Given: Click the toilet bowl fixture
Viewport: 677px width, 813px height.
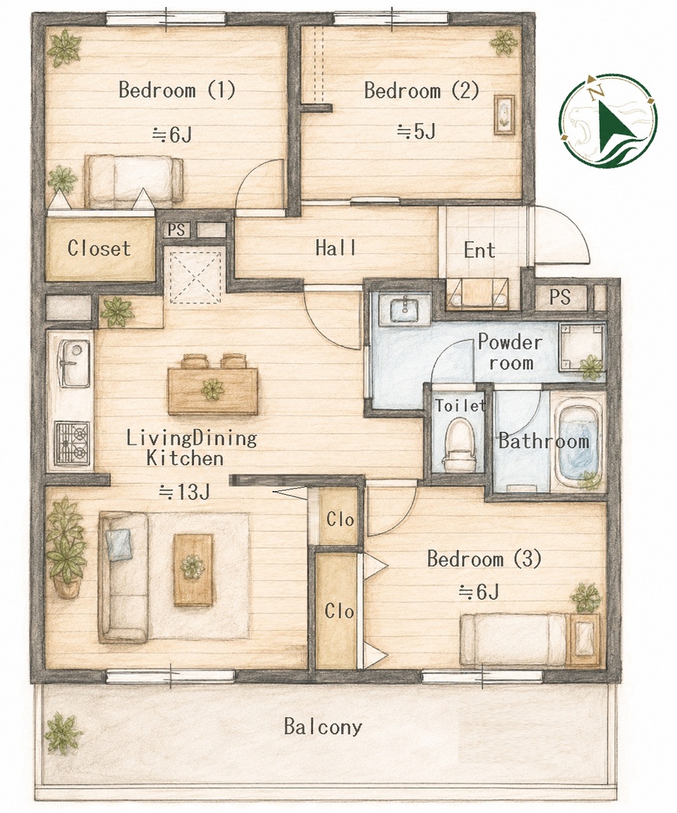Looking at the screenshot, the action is coord(460,445).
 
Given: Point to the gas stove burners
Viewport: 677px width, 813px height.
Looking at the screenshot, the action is coord(72,443).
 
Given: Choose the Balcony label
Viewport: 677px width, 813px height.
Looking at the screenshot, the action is coord(323,726).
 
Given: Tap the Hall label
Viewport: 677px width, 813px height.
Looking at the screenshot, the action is coord(335,248).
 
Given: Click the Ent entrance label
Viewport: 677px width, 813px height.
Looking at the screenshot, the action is coord(479,250).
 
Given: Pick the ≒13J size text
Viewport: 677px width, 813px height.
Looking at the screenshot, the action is coord(185,492).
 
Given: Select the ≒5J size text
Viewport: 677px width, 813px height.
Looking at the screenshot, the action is coord(416,131).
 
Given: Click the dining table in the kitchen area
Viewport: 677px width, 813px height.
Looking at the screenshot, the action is coord(213,391).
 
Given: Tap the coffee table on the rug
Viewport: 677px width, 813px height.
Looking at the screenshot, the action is coord(193,569).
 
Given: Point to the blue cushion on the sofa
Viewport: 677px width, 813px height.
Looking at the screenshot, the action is coord(119,544).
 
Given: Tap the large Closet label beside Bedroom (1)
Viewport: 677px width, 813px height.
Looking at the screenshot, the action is coord(99,248).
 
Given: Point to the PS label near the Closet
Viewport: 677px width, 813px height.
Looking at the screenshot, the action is coord(176,230).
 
